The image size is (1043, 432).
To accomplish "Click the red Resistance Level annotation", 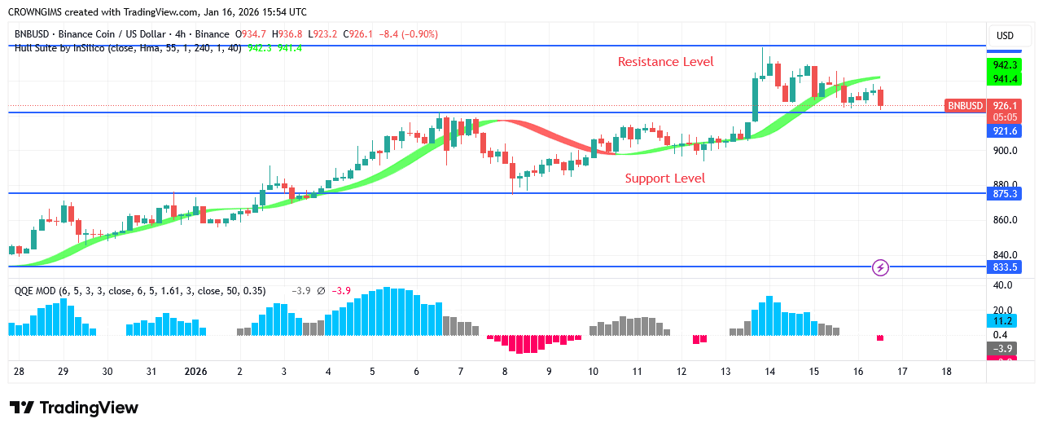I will [x=665, y=62].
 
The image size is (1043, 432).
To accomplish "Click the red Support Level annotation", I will [x=664, y=179].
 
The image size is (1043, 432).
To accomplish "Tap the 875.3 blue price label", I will [x=1004, y=194].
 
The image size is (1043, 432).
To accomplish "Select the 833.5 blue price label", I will [x=1004, y=267].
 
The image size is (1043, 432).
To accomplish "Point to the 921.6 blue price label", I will [x=1004, y=131].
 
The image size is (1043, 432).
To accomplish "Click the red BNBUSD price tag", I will [x=965, y=106].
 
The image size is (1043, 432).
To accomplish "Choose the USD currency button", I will [x=1005, y=36].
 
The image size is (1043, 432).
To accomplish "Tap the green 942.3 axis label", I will [x=1004, y=64].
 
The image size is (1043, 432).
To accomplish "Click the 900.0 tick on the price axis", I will [x=1004, y=151].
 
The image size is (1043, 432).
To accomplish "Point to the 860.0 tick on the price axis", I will [x=1004, y=220].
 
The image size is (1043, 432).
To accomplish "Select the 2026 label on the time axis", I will [x=195, y=372].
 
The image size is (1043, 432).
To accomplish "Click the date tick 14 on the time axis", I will [x=769, y=372].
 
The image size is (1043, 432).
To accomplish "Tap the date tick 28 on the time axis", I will [x=19, y=372].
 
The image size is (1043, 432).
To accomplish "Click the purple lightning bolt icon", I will [x=879, y=267].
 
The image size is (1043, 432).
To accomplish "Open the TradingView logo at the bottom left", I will [x=74, y=408].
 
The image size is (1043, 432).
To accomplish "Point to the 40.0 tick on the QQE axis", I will [x=1002, y=285].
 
